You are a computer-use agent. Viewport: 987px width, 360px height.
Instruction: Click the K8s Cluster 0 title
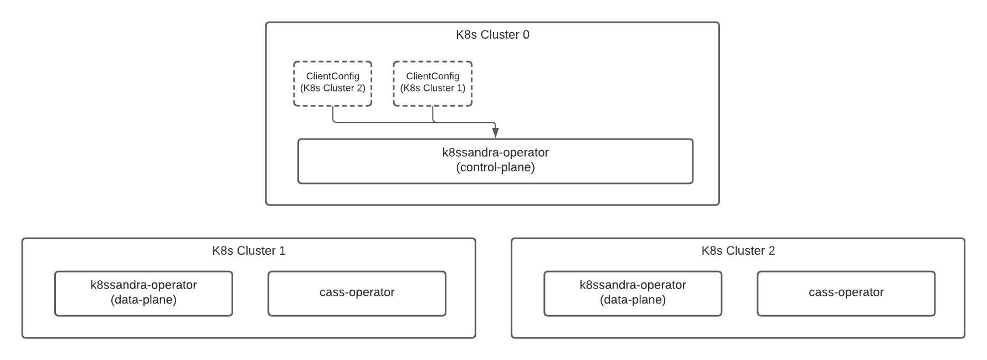coord(492,35)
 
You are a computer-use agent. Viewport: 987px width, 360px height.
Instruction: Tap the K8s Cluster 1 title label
coord(249,251)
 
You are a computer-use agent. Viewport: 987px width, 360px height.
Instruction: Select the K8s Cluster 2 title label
coord(738,251)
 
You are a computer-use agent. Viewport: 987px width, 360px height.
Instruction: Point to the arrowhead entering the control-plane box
coord(495,133)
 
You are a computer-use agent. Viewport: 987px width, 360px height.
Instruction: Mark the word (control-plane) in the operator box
coord(495,167)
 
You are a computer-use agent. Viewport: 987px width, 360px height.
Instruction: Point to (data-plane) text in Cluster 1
coord(143,300)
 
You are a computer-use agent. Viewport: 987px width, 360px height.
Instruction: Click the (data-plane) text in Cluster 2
coord(633,300)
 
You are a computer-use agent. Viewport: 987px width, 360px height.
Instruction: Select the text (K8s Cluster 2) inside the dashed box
coord(332,88)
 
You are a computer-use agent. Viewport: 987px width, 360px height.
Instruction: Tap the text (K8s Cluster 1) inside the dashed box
coord(433,88)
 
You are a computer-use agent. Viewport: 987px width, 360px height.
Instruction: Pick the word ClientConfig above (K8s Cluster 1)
coord(433,76)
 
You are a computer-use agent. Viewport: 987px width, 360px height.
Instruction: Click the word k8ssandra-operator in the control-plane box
coord(495,152)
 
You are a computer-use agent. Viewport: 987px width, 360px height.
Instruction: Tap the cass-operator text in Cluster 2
coord(846,292)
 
